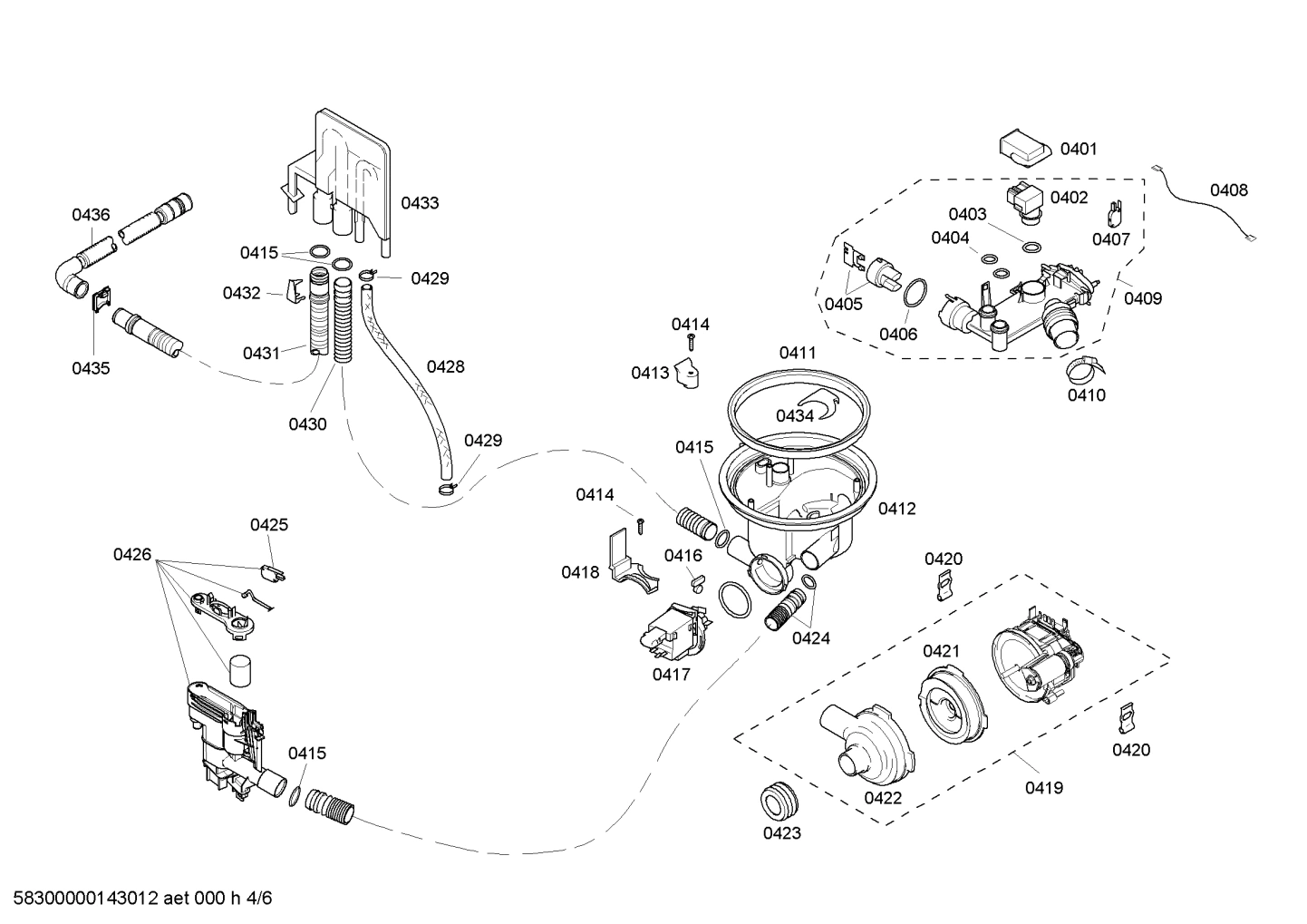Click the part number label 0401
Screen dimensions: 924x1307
pos(1078,149)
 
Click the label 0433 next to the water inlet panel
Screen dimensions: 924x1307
pos(420,203)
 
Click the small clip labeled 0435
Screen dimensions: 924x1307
pos(102,298)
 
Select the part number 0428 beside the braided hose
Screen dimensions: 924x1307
pos(445,366)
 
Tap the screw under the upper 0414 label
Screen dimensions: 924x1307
pos(691,342)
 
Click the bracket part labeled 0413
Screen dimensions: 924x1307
pos(692,374)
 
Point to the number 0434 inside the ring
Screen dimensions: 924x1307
pos(795,415)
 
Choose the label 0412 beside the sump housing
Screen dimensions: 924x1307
pos(896,509)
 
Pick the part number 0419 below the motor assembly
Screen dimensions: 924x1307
pos(1043,788)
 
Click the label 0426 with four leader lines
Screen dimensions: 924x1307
pos(132,554)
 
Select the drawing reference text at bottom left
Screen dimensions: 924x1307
pos(137,899)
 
